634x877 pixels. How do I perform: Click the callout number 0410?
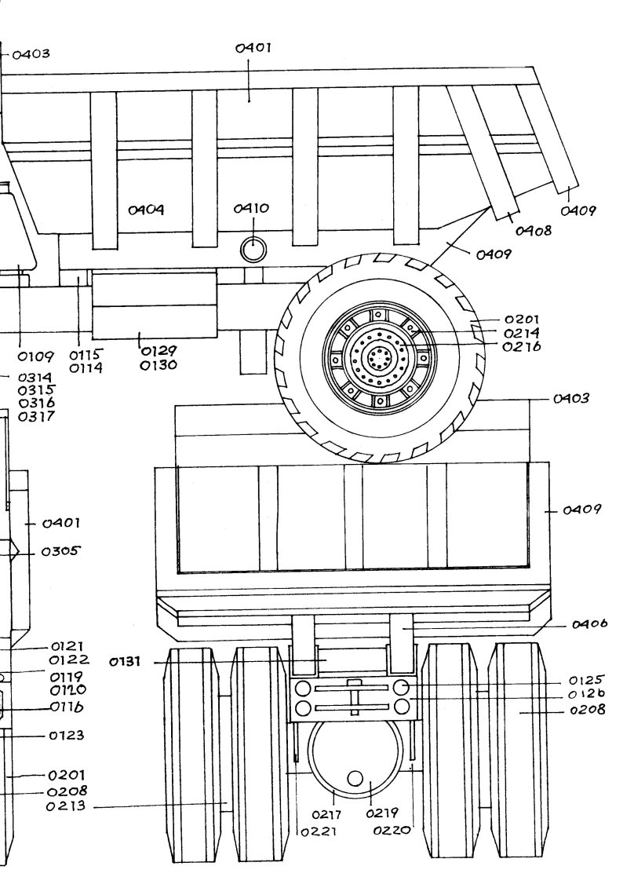click(x=251, y=209)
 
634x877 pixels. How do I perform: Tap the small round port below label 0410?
click(x=253, y=250)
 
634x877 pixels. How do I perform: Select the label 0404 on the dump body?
click(x=146, y=210)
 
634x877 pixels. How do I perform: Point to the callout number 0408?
click(x=534, y=231)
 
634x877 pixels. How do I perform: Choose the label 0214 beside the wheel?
click(x=522, y=333)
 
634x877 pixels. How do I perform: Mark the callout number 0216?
click(x=522, y=346)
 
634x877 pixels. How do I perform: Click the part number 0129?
click(x=158, y=351)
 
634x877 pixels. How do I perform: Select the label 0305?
click(x=61, y=551)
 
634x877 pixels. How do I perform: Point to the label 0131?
click(x=126, y=663)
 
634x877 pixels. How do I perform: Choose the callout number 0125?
click(x=587, y=680)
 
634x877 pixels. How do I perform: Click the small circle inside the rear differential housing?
click(x=355, y=778)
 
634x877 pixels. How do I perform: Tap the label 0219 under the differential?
click(x=382, y=813)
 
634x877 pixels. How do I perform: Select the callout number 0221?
click(x=319, y=831)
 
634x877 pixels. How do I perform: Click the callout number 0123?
click(x=67, y=736)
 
